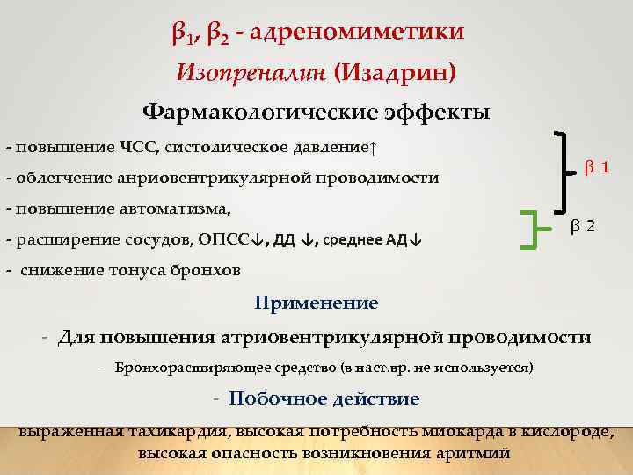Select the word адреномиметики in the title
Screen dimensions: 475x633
(x=358, y=33)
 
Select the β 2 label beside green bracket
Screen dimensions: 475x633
(x=582, y=226)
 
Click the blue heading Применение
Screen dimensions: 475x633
(x=316, y=303)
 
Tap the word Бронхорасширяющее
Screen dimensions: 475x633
(x=178, y=366)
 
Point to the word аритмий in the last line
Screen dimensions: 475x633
(x=473, y=454)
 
